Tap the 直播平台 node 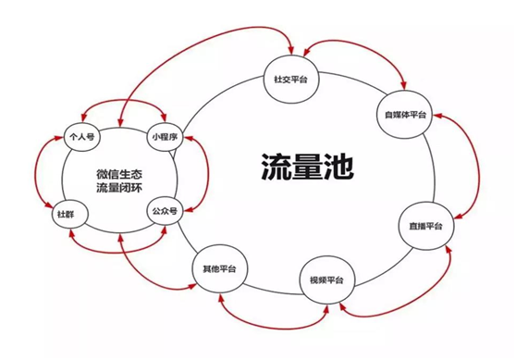pos(426,227)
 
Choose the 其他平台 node pos(219,268)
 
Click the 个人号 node pos(82,136)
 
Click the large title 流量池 pos(295,167)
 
